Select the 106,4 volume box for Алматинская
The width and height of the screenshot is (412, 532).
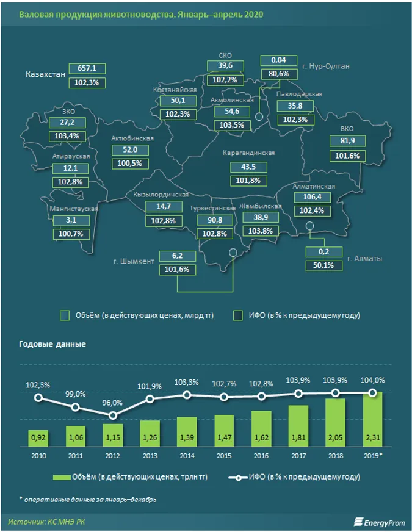point(311,197)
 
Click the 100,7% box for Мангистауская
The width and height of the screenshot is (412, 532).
point(71,234)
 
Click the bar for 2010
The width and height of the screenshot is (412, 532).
point(38,437)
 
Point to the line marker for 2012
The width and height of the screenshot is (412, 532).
point(112,415)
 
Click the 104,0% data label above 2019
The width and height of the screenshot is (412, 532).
point(372,380)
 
